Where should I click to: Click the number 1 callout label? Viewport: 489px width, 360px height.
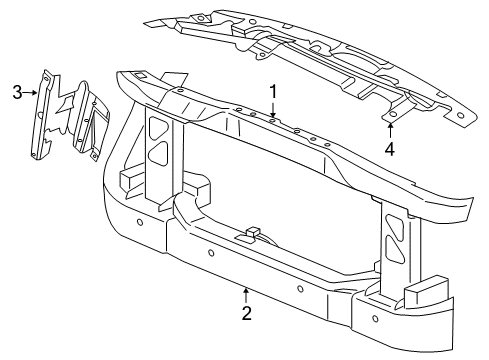pos(271,91)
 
